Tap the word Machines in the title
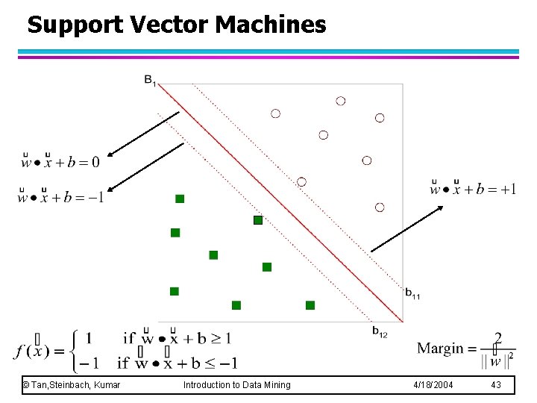coord(271,25)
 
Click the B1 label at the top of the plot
coord(150,79)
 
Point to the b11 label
coord(412,293)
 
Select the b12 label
coord(380,331)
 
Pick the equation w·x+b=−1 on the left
coord(60,197)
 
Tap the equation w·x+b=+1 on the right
coord(473,188)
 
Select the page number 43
coord(497,384)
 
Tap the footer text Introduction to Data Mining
coord(237,384)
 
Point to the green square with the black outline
coord(258,220)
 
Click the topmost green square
coord(180,199)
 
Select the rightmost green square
coord(310,304)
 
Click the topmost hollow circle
coord(341,101)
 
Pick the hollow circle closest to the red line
coord(301,182)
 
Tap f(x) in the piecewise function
coord(31,350)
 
